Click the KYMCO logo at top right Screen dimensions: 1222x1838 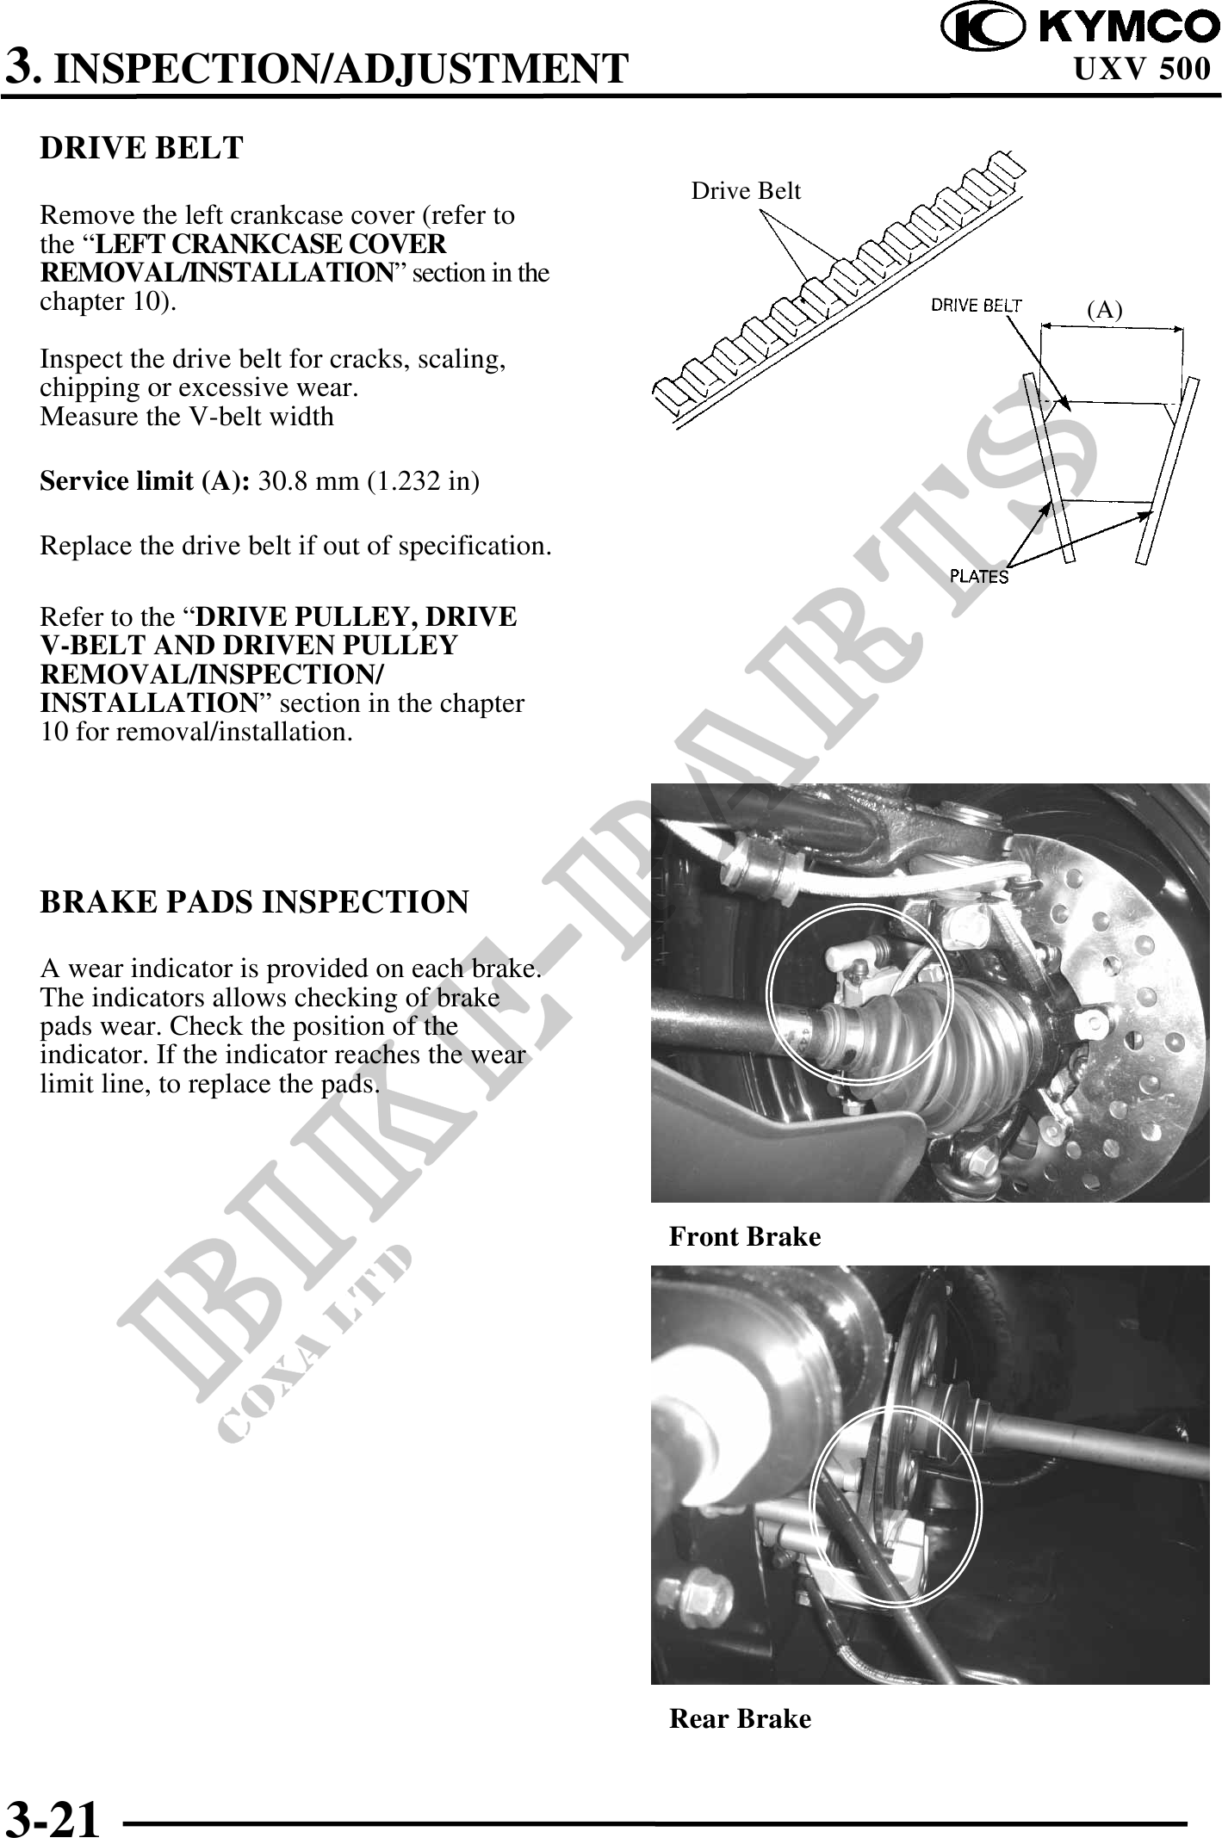click(1080, 28)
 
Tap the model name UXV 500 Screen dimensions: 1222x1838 click(1142, 70)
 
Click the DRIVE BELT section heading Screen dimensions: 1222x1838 click(142, 148)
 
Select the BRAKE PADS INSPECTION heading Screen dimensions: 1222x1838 click(255, 902)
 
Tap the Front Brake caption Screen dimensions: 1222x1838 click(745, 1237)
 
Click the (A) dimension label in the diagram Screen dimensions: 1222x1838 click(1105, 310)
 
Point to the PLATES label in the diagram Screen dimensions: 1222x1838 click(979, 577)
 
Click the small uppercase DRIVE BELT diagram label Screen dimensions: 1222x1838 click(977, 305)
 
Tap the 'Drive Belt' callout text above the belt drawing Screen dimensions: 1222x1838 click(746, 191)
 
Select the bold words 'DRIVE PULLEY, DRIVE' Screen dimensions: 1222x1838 click(357, 617)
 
